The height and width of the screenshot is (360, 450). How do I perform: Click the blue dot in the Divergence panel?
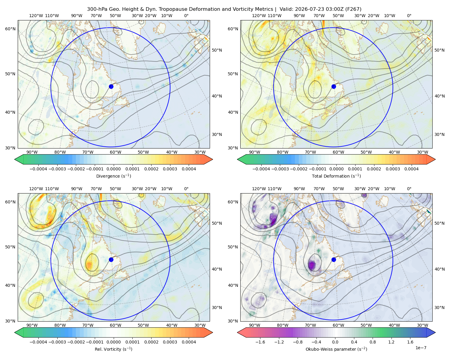(111, 86)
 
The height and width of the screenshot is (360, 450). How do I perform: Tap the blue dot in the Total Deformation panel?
(334, 86)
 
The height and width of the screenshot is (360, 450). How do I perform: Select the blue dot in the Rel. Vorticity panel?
(111, 259)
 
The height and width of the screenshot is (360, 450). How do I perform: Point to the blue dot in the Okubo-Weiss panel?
(334, 259)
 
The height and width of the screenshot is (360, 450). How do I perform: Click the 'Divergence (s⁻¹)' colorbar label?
(113, 176)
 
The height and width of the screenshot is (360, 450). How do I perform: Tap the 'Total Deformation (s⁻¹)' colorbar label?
(336, 176)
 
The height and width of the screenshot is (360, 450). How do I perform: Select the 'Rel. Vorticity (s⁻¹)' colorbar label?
(113, 349)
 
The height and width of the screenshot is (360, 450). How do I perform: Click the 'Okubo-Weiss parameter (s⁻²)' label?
(336, 349)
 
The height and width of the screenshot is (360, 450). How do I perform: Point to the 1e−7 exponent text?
(421, 348)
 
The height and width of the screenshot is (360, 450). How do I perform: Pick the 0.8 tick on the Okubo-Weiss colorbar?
(373, 342)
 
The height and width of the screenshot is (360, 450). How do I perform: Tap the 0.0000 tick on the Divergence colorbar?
(113, 169)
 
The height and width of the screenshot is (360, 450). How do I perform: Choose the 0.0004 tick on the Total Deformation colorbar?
(411, 169)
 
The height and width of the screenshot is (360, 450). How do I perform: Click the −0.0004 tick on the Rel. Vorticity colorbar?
(38, 342)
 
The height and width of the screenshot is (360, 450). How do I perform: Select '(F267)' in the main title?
(353, 9)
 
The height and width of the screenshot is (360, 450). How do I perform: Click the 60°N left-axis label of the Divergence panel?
(10, 29)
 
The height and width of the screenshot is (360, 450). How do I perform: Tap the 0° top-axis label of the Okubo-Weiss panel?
(409, 189)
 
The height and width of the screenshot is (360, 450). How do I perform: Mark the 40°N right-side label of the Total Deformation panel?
(439, 96)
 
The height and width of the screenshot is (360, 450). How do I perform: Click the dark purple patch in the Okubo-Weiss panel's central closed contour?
(312, 265)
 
